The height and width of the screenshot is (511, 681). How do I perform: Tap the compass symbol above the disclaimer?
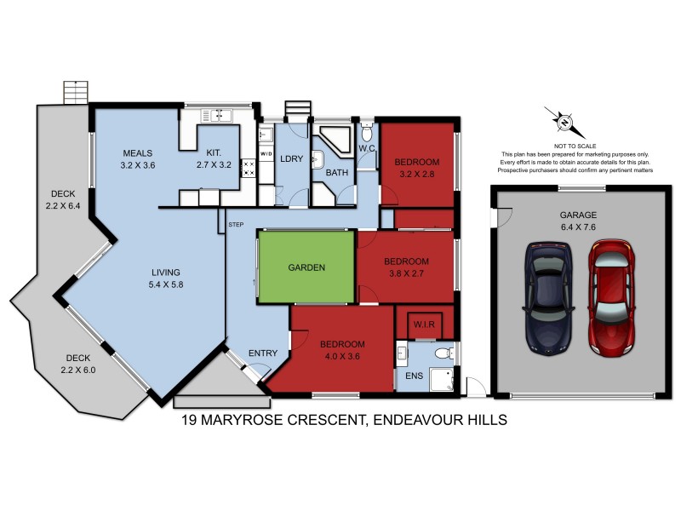pyautogui.click(x=564, y=123)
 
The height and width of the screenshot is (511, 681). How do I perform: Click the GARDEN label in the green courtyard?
pyautogui.click(x=306, y=267)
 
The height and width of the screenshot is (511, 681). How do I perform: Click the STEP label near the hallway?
pyautogui.click(x=237, y=225)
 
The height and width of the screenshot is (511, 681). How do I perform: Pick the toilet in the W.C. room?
pyautogui.click(x=367, y=133)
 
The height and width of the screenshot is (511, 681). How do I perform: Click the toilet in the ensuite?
pyautogui.click(x=441, y=353)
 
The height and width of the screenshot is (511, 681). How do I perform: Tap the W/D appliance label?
pyautogui.click(x=266, y=154)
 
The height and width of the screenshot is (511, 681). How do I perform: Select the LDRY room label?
pyautogui.click(x=292, y=159)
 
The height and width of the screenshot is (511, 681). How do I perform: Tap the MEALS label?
pyautogui.click(x=136, y=153)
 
